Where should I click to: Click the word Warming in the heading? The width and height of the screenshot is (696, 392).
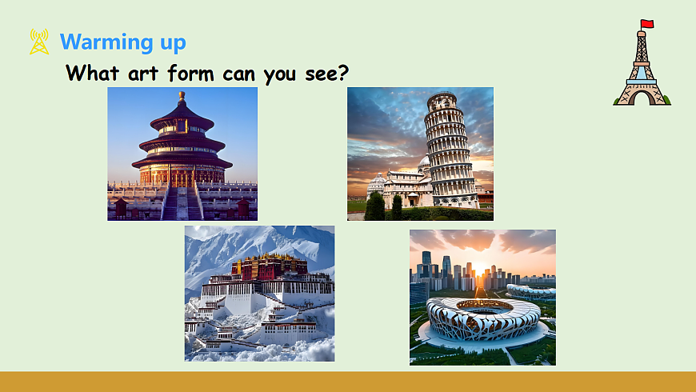coord(106,42)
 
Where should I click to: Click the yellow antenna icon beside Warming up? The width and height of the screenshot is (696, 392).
coord(39,42)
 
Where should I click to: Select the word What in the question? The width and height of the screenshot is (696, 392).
coord(94,73)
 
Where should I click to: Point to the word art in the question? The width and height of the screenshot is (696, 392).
coord(144,73)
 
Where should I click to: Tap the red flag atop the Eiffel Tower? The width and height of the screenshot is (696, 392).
coord(647,24)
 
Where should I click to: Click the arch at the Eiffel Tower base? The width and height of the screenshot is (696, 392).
coord(642,98)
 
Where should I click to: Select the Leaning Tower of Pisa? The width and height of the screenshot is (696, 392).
coord(451,152)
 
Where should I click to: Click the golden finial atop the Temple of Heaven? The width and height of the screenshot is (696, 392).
coord(182,96)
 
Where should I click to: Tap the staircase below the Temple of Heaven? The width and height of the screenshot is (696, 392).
coord(182,203)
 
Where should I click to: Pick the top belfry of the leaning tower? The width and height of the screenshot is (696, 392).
coord(441,102)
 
